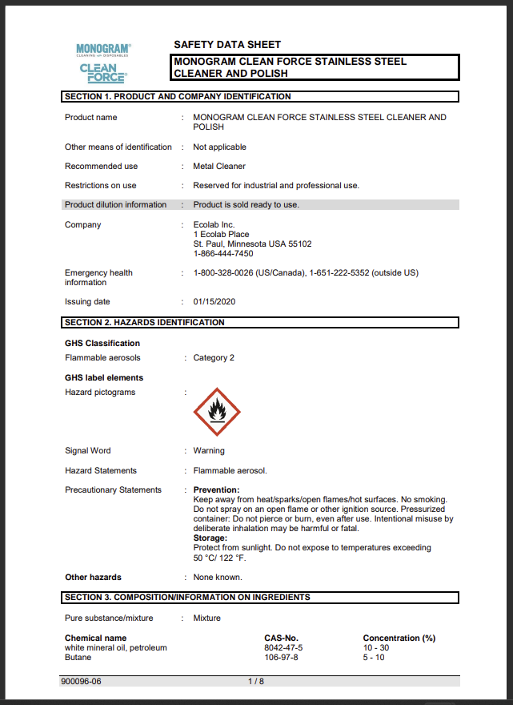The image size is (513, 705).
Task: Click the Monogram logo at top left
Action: coord(103,50)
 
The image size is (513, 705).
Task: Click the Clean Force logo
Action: coord(102,73)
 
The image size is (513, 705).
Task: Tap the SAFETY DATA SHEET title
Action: coord(227,45)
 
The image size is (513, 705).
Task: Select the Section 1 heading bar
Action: coord(260,97)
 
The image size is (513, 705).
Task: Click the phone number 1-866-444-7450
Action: coord(223,254)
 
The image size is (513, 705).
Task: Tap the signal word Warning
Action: coord(209,451)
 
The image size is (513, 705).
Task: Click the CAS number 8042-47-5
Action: coord(283,647)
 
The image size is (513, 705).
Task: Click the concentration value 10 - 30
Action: coord(376,647)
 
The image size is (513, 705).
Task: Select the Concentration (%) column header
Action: coord(399,638)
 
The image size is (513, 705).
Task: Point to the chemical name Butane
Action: coord(78,657)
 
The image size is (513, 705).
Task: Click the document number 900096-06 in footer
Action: coord(81,681)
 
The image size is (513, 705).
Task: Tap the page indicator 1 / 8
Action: coord(255,681)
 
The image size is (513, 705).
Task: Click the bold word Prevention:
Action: coord(216,490)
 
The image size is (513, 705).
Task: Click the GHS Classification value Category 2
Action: coord(214,358)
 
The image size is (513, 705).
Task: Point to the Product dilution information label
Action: coord(116,205)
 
